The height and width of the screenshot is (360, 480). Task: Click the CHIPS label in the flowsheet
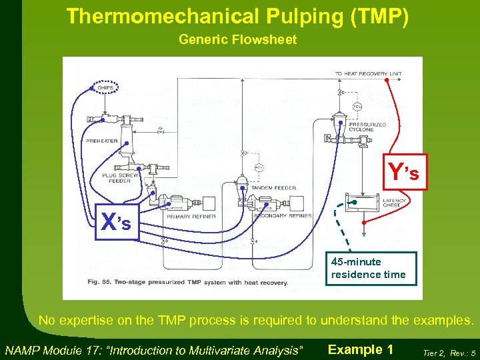pyautogui.click(x=105, y=87)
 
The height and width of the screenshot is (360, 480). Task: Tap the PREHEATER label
pyautogui.click(x=101, y=141)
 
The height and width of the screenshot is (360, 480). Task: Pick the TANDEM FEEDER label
pyautogui.click(x=273, y=188)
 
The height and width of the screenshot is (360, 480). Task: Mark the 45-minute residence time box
pyautogui.click(x=371, y=268)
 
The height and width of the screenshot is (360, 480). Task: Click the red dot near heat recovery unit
pyautogui.click(x=388, y=81)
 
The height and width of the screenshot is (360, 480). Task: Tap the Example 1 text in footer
pyautogui.click(x=361, y=349)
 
